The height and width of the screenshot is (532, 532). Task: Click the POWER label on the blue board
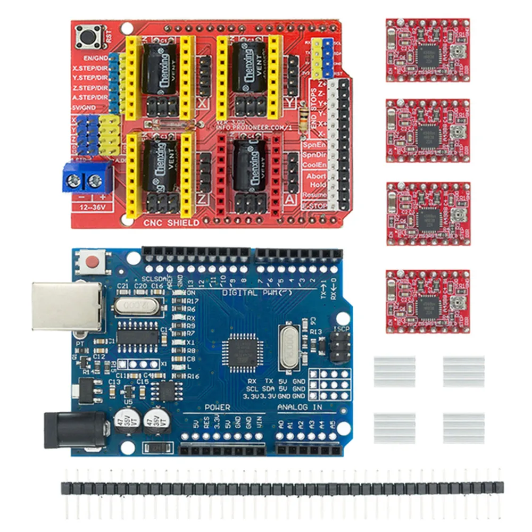[x=217, y=407]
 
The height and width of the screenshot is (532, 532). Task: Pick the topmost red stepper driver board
[x=428, y=51]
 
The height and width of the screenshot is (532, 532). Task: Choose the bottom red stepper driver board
[x=428, y=302]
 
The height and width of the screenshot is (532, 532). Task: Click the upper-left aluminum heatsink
[x=394, y=371]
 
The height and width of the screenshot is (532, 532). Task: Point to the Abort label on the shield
[x=316, y=175]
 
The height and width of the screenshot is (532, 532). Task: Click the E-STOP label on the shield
[x=315, y=205]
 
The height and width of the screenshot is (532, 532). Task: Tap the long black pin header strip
[x=282, y=487]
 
